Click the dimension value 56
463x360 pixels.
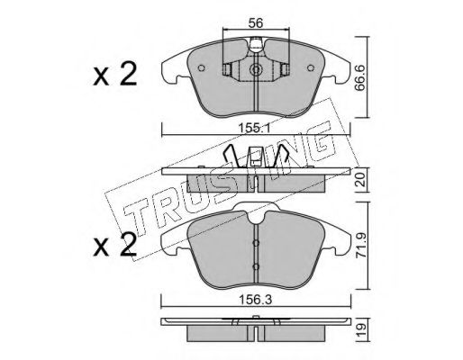[256, 22]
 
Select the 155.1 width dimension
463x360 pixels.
[255, 129]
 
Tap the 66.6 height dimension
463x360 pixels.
[360, 77]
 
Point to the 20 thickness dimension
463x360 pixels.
[361, 180]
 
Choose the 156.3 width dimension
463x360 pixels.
[256, 300]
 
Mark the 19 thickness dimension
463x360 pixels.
[361, 329]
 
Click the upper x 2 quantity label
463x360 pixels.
[115, 74]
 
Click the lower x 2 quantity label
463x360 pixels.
[115, 245]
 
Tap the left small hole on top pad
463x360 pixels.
[202, 68]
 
